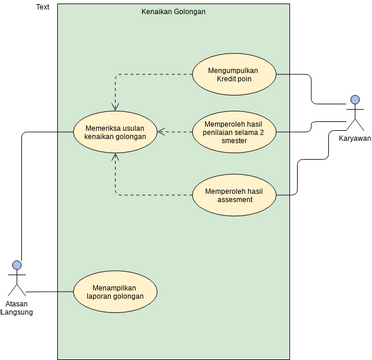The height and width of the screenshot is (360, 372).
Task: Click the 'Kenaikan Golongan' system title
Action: point(174,11)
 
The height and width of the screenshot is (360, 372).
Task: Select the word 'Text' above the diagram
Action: point(42,7)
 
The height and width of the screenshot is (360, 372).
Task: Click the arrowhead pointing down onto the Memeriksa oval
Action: point(115,105)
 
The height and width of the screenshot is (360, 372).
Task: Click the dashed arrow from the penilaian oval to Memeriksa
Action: point(175,131)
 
